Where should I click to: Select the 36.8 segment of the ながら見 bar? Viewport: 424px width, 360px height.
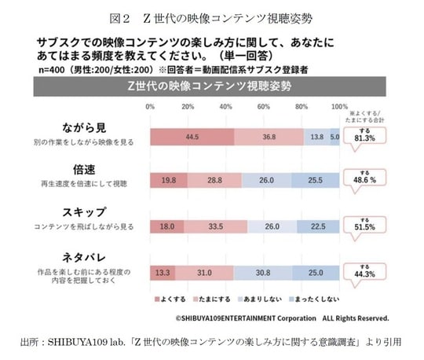pos(269,137)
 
